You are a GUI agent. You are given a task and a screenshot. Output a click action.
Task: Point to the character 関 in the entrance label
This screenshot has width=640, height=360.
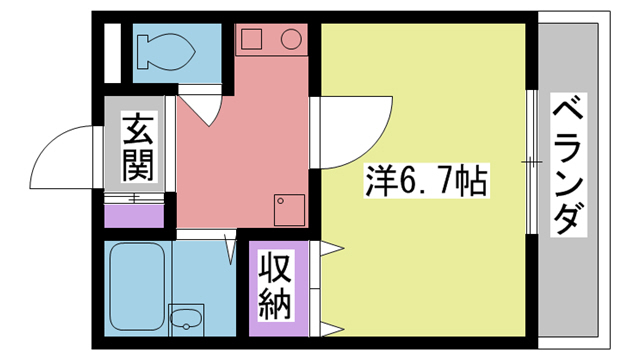click(139, 165)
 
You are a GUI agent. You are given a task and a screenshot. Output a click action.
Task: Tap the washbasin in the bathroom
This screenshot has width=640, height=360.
click(185, 319)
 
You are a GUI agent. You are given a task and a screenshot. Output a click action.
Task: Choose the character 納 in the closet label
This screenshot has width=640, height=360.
click(276, 302)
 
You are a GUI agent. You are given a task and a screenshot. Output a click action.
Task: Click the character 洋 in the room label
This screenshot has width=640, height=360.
click(375, 180)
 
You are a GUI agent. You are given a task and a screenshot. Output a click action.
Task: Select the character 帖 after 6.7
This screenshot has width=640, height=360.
click(473, 180)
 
